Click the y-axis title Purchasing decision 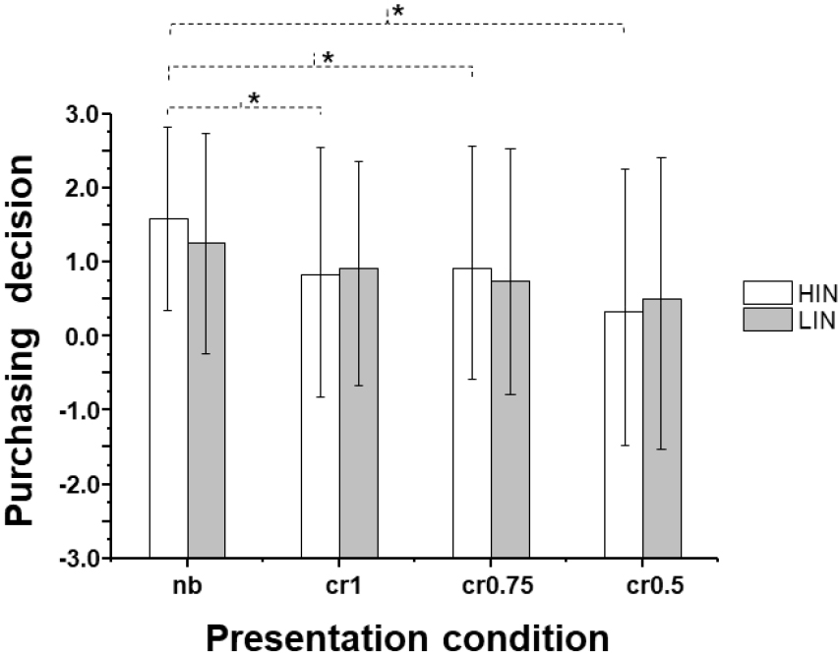click(x=27, y=334)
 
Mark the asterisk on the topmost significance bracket click(x=397, y=11)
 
